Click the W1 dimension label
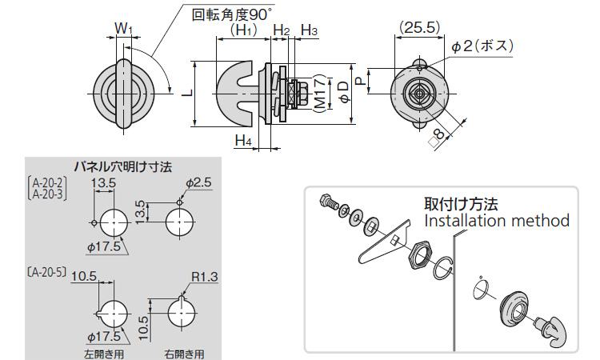[x=122, y=29]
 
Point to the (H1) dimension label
[x=242, y=30]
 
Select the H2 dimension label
[x=281, y=30]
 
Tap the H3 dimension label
[x=310, y=30]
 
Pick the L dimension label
[x=186, y=93]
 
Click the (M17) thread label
[x=319, y=94]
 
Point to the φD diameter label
[x=342, y=91]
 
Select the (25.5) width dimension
[x=420, y=27]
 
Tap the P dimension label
[x=361, y=80]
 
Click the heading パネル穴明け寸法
[x=122, y=167]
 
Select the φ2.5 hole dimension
[x=198, y=183]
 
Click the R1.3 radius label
[x=205, y=278]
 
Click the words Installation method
[x=496, y=220]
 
